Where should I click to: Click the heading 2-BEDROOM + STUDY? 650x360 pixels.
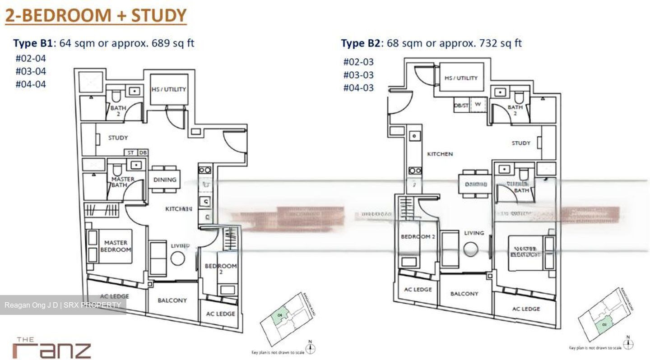click(x=96, y=15)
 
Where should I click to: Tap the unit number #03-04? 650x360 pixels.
click(x=31, y=71)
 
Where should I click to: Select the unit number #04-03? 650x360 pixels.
click(x=358, y=88)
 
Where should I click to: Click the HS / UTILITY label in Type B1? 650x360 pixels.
click(x=169, y=89)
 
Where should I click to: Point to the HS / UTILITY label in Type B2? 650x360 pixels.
click(x=460, y=78)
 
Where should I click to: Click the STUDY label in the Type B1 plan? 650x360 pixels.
click(x=118, y=138)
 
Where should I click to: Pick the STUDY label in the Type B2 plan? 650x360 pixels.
click(x=521, y=143)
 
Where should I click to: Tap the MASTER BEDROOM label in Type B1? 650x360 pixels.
click(x=116, y=246)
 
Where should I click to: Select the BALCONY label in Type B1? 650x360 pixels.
click(x=172, y=300)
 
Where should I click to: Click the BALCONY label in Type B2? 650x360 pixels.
click(x=464, y=294)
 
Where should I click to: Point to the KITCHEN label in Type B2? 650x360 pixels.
click(x=440, y=154)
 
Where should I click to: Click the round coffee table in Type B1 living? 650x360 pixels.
click(x=177, y=258)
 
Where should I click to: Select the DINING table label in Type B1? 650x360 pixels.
click(x=165, y=180)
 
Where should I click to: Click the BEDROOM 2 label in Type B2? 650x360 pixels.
click(x=418, y=237)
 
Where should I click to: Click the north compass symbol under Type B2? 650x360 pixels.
click(x=627, y=344)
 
